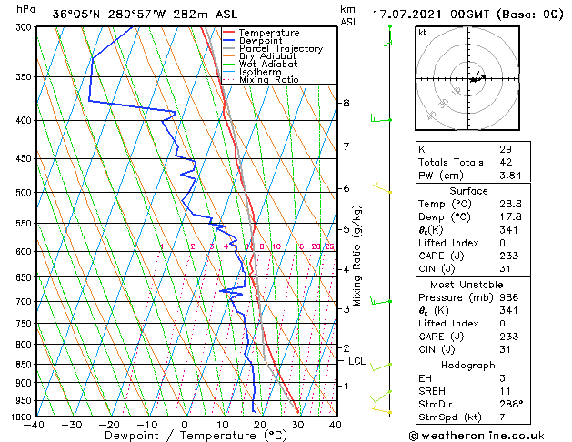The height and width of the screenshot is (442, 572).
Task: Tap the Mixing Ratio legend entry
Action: [x=269, y=80]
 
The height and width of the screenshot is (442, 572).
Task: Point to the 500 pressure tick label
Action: [x=20, y=193]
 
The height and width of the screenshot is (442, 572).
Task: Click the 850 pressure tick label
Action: [x=20, y=364]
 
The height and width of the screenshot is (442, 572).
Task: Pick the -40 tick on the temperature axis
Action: [x=35, y=425]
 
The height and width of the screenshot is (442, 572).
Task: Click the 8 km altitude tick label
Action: [x=346, y=103]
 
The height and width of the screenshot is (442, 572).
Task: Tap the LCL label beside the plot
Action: [x=357, y=361]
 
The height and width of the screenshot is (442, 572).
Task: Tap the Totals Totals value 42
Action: [x=506, y=162]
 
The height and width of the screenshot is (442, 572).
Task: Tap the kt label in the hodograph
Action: [x=423, y=32]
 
